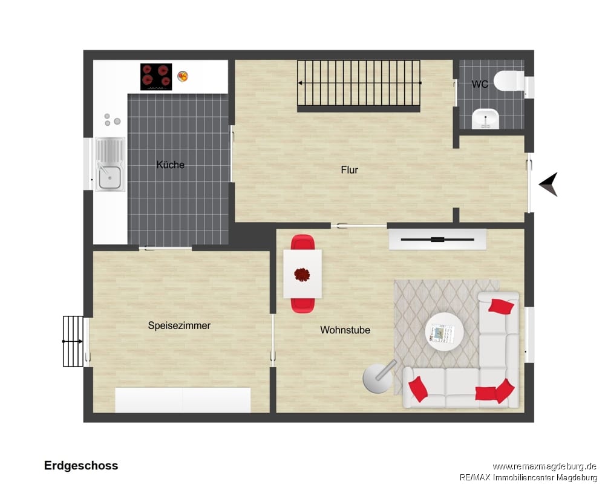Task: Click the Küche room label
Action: [x=170, y=165]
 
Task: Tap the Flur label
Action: [x=350, y=170]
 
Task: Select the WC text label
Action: [x=480, y=83]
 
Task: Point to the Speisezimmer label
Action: [x=179, y=325]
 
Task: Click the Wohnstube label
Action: [x=345, y=330]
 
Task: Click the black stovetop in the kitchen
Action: [x=156, y=77]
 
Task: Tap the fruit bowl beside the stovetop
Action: [x=183, y=76]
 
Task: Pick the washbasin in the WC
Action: [x=485, y=119]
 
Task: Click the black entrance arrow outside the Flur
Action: [x=549, y=184]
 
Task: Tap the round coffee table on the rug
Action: [x=445, y=332]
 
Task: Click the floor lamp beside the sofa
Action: [x=379, y=378]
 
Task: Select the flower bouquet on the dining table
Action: [x=302, y=275]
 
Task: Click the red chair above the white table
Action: [x=303, y=243]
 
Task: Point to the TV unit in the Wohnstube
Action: [x=437, y=240]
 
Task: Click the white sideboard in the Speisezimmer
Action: [x=183, y=400]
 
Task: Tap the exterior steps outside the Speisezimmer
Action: [x=73, y=342]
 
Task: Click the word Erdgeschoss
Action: [x=81, y=465]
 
